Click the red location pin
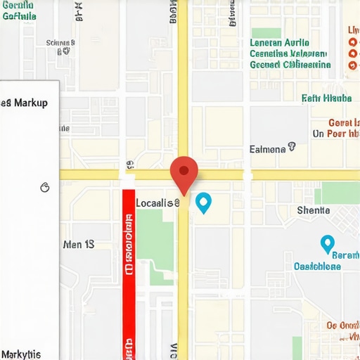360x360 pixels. pos(184,172)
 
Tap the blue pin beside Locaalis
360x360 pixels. pos(203,202)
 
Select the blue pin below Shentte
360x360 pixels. pos(327,243)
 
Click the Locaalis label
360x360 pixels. pos(157,203)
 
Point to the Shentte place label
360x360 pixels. pos(313,210)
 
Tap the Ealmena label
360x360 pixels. pos(268,149)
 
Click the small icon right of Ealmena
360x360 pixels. pos(292,148)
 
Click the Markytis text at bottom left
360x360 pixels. pos(21,354)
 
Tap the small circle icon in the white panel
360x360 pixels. pos(46,188)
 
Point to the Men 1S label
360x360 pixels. pos(78,245)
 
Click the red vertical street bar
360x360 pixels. pos(128,267)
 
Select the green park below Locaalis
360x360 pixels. pos(155,239)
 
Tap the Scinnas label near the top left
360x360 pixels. pos(61,43)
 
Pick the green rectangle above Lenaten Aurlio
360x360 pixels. pos(266,32)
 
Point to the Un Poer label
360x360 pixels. pos(337,133)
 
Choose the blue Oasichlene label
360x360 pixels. pos(316,266)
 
